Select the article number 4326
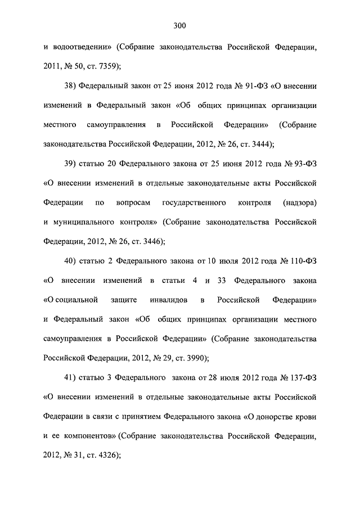(x=106, y=454)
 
